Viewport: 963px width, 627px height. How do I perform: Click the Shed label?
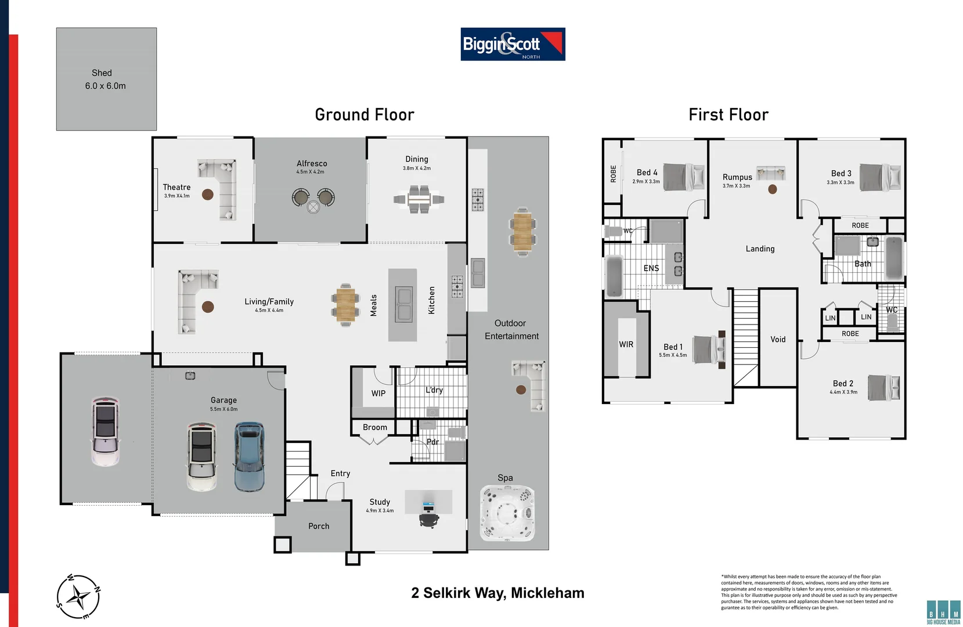tap(102, 73)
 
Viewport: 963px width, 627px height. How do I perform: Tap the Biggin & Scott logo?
tap(513, 44)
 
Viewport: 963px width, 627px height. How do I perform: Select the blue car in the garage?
tap(250, 457)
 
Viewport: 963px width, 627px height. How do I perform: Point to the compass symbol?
tap(79, 596)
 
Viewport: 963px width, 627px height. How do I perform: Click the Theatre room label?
tap(176, 188)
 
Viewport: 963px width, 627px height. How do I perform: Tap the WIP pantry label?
tap(378, 394)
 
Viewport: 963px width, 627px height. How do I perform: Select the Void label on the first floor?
tap(778, 340)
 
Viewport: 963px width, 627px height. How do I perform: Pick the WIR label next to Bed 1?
tap(626, 344)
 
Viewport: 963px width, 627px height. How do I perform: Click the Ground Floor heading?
tap(365, 115)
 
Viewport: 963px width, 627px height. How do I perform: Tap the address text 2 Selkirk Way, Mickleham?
tap(497, 593)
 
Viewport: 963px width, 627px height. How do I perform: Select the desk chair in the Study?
tap(429, 518)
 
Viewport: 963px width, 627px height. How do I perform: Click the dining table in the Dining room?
tap(419, 200)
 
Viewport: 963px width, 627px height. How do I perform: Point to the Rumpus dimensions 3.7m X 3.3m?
tap(736, 186)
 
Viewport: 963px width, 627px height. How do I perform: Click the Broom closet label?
tap(375, 427)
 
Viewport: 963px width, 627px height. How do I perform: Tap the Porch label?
tap(319, 526)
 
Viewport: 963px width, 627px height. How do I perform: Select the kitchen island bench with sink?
tap(403, 304)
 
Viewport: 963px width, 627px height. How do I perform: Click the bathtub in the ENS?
tap(614, 276)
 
